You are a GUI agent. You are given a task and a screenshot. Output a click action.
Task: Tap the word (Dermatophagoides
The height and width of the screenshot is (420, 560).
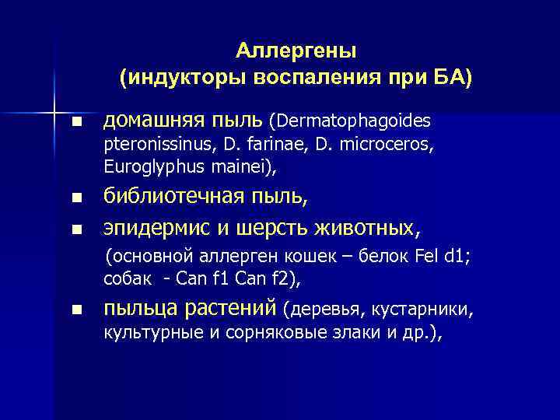[349, 121]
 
